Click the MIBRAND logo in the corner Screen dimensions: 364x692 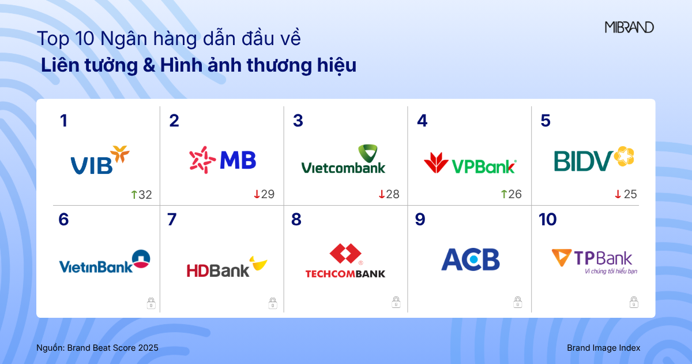(x=629, y=27)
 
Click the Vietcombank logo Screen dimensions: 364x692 (x=343, y=159)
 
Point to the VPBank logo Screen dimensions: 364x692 (x=470, y=164)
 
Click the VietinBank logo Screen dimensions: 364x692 (x=104, y=262)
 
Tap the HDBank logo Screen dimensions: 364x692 (x=227, y=267)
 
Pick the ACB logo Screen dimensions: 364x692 (x=471, y=260)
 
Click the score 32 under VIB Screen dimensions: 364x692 (x=145, y=195)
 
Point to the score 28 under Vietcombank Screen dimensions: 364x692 (x=393, y=195)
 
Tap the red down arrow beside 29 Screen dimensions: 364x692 (x=257, y=195)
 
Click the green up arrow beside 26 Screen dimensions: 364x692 (x=503, y=195)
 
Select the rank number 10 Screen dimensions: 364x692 (x=547, y=220)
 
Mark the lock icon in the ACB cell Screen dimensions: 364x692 (x=518, y=302)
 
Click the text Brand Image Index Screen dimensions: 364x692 (x=603, y=348)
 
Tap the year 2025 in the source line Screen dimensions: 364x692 (x=148, y=348)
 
